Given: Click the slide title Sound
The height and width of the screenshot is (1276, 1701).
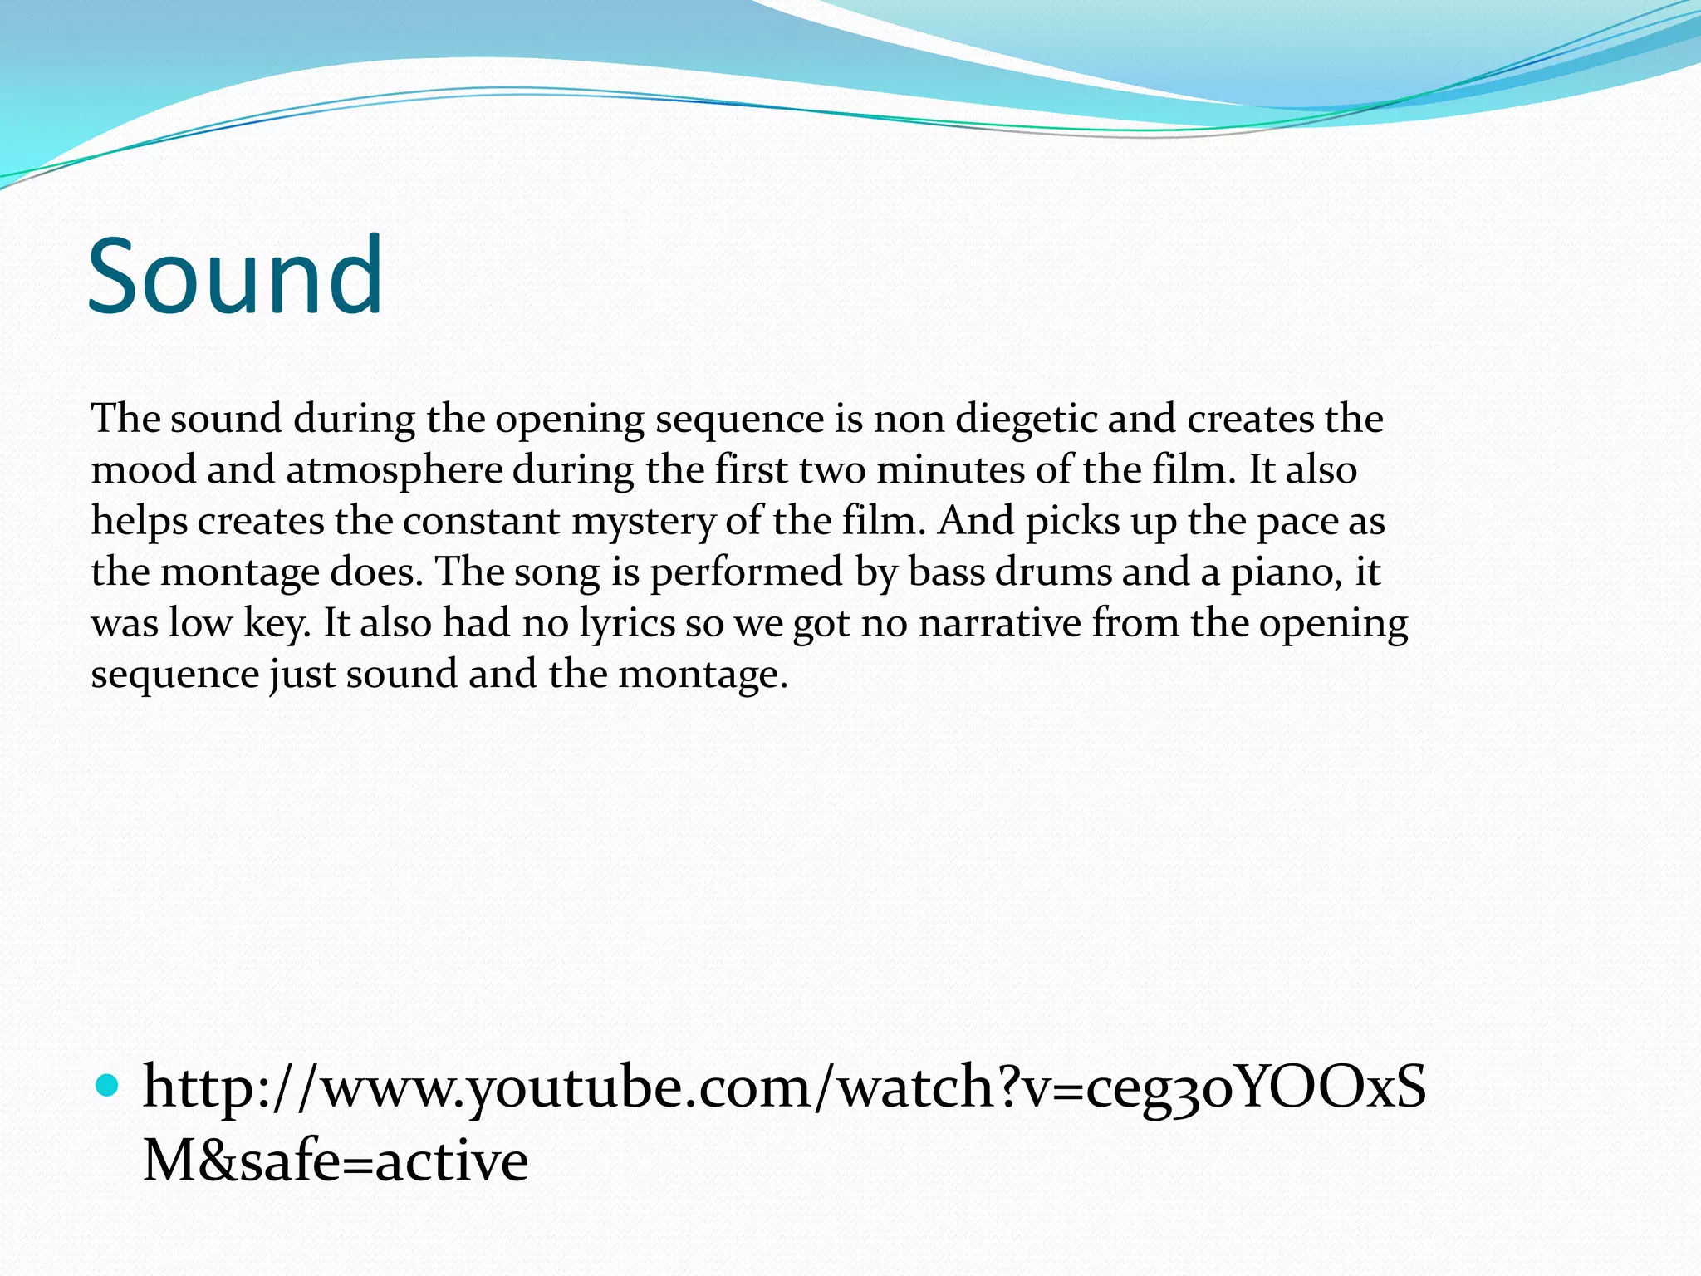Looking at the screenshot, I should (x=235, y=276).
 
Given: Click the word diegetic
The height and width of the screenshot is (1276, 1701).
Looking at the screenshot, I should (x=1026, y=420).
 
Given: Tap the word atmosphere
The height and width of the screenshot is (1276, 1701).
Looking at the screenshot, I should (x=395, y=470).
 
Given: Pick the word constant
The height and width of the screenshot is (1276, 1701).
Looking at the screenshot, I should (x=482, y=522).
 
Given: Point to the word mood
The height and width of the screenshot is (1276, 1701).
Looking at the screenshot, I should (x=143, y=470).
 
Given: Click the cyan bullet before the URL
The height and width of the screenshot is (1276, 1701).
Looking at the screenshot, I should (x=108, y=1084).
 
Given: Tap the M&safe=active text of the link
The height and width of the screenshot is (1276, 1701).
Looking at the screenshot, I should (x=336, y=1161).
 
